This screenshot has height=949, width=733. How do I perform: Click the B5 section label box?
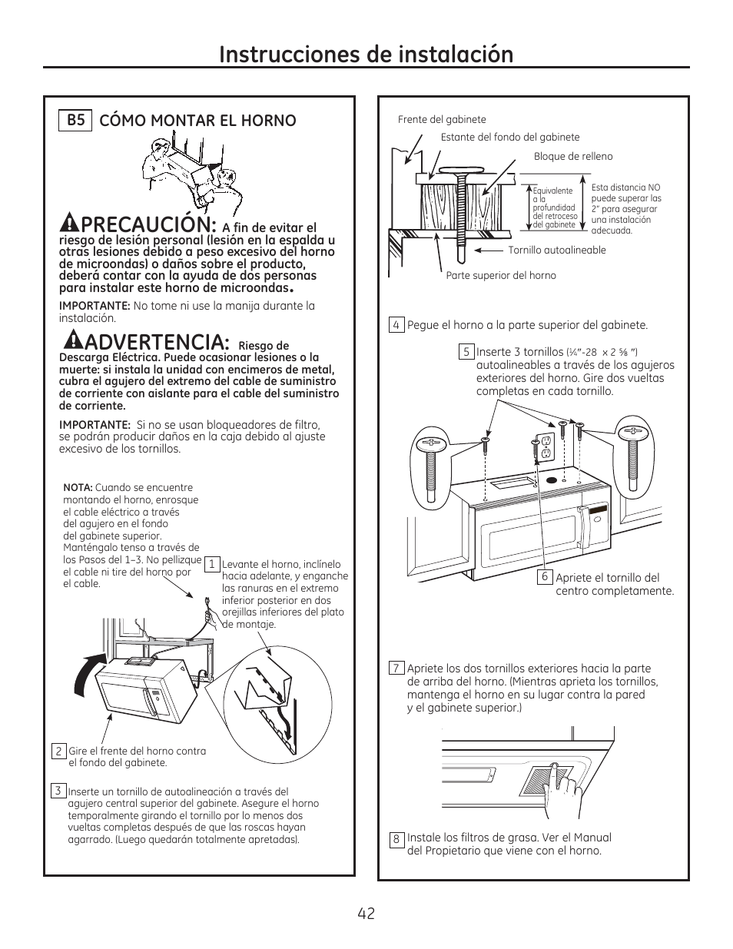[75, 120]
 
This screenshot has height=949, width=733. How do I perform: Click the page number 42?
[366, 913]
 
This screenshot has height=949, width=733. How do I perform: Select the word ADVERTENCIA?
[154, 340]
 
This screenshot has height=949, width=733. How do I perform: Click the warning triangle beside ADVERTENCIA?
[74, 340]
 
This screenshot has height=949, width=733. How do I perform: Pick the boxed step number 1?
[211, 564]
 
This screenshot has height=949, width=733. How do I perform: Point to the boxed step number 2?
[58, 751]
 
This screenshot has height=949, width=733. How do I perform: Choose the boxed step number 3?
[58, 791]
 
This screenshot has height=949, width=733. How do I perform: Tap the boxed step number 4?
[396, 325]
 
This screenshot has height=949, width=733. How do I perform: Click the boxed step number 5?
[466, 352]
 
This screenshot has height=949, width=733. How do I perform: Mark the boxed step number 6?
[545, 577]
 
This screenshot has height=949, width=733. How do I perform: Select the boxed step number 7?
[396, 668]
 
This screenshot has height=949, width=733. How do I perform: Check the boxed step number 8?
[396, 839]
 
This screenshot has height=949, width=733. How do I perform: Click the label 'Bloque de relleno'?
[573, 157]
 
